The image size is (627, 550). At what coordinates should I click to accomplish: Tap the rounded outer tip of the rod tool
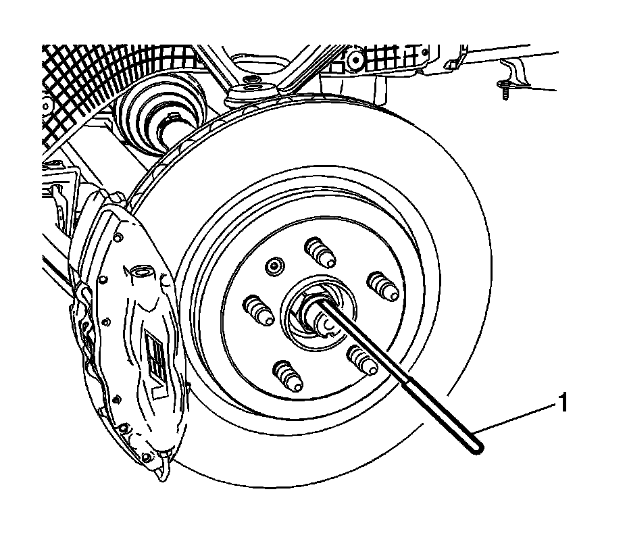point(477,447)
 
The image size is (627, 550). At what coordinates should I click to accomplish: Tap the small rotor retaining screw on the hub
point(274,266)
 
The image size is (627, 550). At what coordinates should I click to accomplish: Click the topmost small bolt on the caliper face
point(118,238)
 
